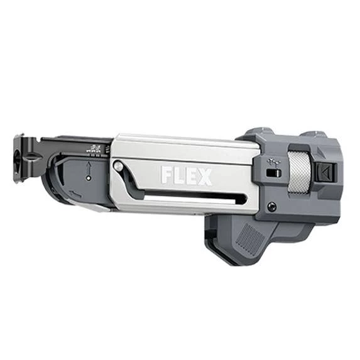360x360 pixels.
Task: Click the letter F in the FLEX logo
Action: [x=166, y=175]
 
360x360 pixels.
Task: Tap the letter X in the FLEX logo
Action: [x=203, y=177]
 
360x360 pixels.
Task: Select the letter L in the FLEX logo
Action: [x=177, y=176]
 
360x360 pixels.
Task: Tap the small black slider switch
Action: [x=274, y=173]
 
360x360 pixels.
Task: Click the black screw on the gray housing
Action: [x=271, y=205]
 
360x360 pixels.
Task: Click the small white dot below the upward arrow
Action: [x=89, y=178]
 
